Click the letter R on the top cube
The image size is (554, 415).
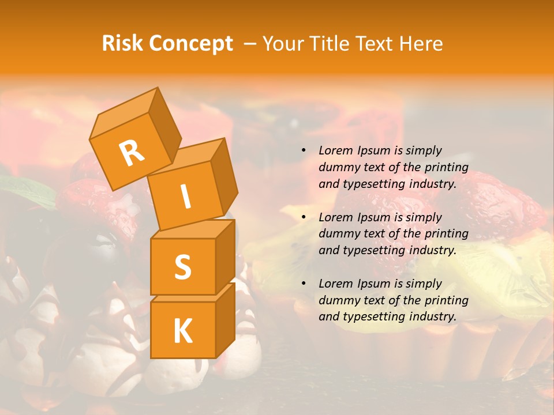click(x=132, y=153)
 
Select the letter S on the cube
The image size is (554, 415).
click(x=182, y=267)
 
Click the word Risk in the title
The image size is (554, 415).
click(x=122, y=43)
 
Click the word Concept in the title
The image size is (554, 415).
click(x=190, y=44)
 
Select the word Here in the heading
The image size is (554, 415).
click(x=421, y=43)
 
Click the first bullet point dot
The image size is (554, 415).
click(x=304, y=150)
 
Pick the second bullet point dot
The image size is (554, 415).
click(x=304, y=217)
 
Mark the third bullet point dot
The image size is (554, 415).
click(x=304, y=284)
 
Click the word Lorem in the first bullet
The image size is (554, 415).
click(x=335, y=150)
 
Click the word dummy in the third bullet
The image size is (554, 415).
click(x=337, y=300)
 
